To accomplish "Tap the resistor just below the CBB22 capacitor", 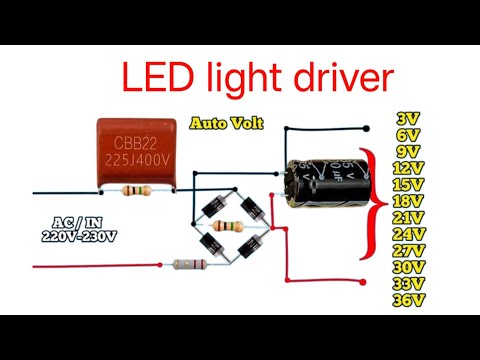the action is point(135,190).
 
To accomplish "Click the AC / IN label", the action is point(78,223).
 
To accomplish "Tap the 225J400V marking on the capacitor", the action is point(139,160).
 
